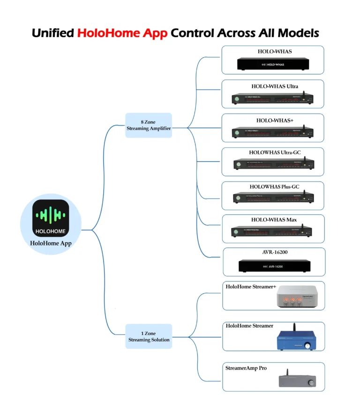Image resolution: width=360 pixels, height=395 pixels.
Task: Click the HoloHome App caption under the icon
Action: (51, 243)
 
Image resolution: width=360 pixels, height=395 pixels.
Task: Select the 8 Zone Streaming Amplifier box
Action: (149, 125)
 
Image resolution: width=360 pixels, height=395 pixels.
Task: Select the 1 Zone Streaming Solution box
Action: (149, 336)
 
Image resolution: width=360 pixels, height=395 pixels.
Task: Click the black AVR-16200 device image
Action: (272, 266)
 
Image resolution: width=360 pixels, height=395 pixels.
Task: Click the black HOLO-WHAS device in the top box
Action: (272, 64)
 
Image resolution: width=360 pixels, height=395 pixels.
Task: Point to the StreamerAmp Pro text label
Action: (246, 368)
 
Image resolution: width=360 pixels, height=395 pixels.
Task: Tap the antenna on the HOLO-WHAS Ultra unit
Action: (302, 94)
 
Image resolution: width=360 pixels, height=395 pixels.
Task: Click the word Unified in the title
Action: (53, 33)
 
